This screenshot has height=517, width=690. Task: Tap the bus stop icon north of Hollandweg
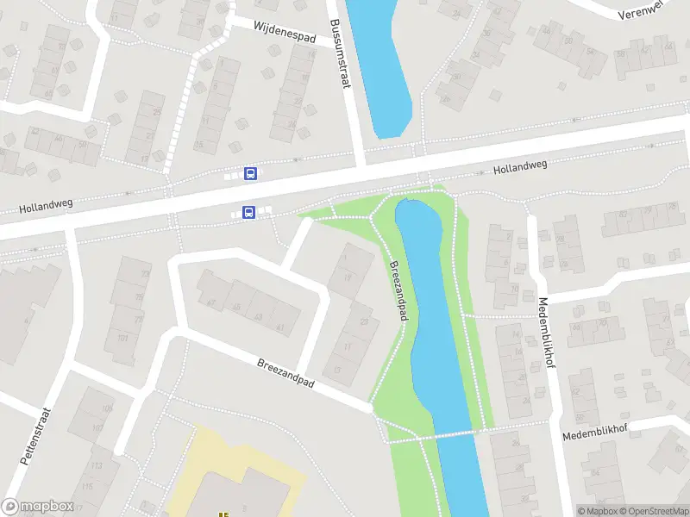tap(251, 174)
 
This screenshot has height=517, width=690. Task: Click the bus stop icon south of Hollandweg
tap(248, 212)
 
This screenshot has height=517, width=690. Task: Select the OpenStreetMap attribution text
tap(656, 511)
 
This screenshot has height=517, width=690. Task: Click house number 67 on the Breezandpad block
tap(210, 302)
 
